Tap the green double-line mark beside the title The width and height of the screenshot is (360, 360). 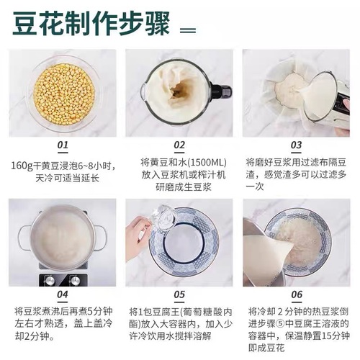(187, 30)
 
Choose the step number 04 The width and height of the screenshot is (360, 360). (63, 294)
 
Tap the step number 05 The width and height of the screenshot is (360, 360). (179, 294)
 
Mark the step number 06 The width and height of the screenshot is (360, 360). (295, 294)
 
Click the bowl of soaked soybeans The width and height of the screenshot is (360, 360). (63, 94)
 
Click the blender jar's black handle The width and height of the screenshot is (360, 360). (220, 93)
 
